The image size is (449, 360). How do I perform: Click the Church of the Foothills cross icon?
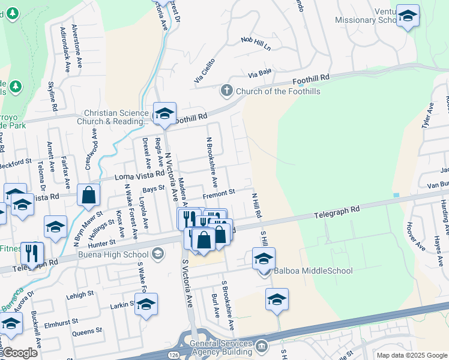pyautogui.click(x=226, y=91)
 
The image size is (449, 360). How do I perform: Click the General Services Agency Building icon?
pyautogui.click(x=261, y=346)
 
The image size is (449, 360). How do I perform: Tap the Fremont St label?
pyautogui.click(x=218, y=193)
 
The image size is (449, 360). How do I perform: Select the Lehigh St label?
pyautogui.click(x=80, y=295)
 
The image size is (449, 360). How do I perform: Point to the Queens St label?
pyautogui.click(x=86, y=331)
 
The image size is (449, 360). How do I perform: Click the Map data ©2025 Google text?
pyautogui.click(x=412, y=355)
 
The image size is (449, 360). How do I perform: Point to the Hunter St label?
pyautogui.click(x=101, y=242)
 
